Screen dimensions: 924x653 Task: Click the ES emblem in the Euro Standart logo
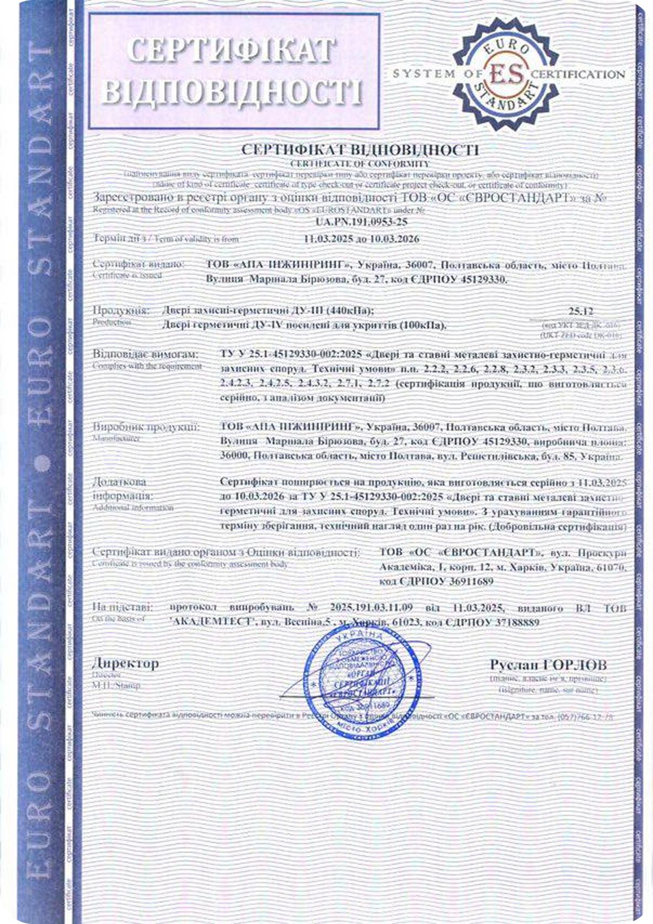click(506, 73)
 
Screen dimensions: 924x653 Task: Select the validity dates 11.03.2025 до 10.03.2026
click(362, 239)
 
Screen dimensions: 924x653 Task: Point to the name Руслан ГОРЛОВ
click(548, 664)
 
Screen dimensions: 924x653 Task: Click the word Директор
click(125, 663)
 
